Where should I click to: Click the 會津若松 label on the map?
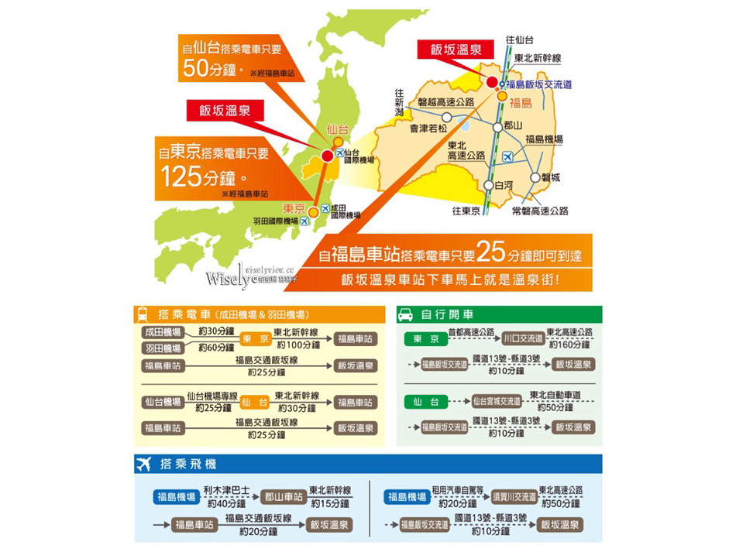click(428, 129)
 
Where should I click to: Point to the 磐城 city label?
click(550, 177)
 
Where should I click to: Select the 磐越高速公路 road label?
click(445, 102)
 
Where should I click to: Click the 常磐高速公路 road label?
click(540, 211)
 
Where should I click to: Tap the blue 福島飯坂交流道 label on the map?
click(538, 84)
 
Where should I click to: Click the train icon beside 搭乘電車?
click(143, 315)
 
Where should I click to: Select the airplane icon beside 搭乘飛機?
click(143, 465)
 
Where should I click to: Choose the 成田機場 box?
click(163, 331)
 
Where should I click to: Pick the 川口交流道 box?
click(522, 339)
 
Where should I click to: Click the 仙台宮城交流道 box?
click(497, 402)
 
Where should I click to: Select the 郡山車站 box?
click(280, 497)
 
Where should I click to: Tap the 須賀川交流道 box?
click(514, 497)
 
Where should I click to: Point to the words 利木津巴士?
click(227, 490)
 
